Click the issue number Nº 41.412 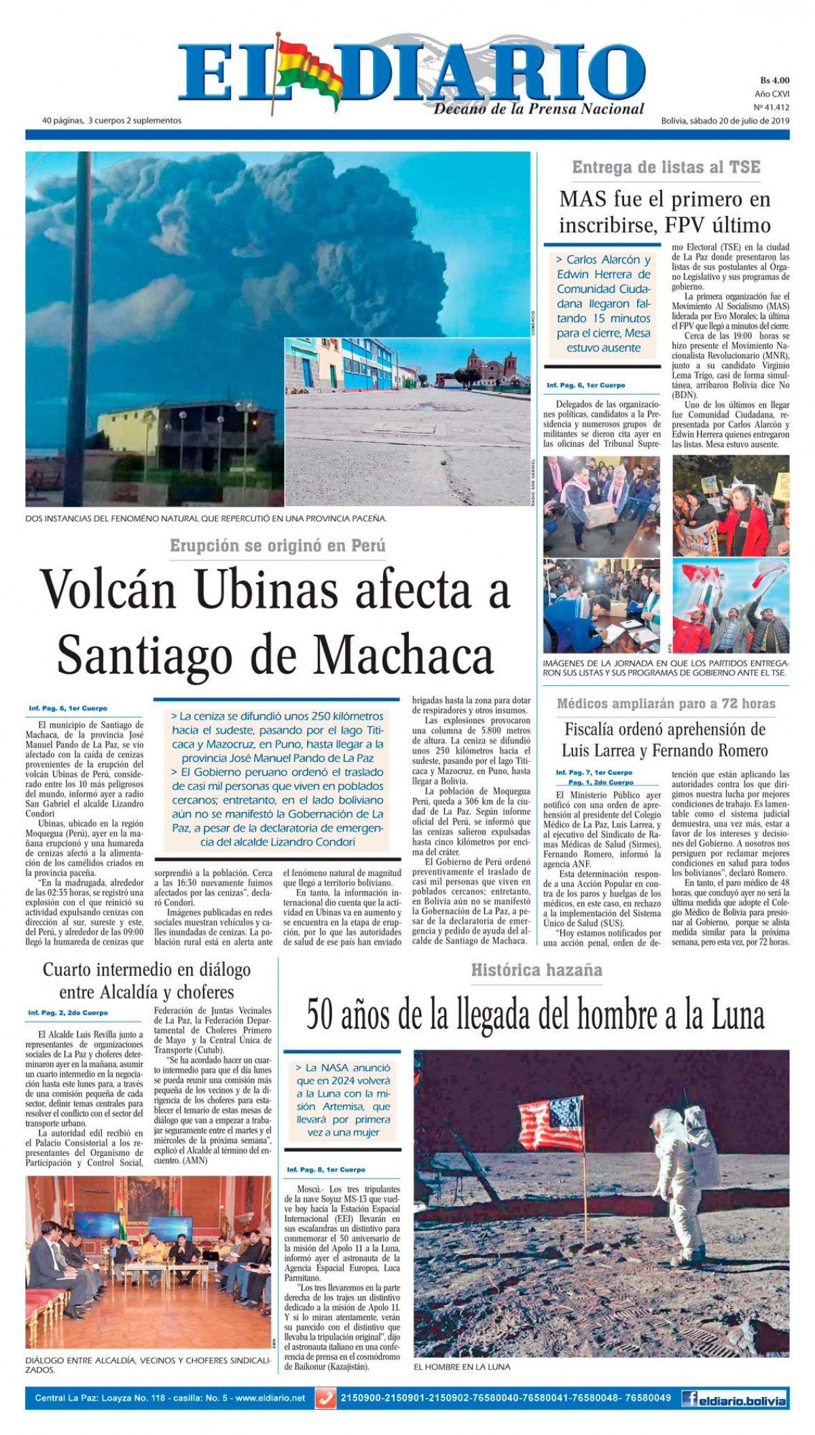click(x=772, y=107)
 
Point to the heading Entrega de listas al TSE click(x=666, y=167)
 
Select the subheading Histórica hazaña click(x=537, y=970)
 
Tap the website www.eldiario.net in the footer click(x=270, y=1398)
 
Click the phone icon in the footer click(x=325, y=1398)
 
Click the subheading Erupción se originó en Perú click(x=278, y=545)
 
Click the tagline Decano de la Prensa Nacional click(x=539, y=109)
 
